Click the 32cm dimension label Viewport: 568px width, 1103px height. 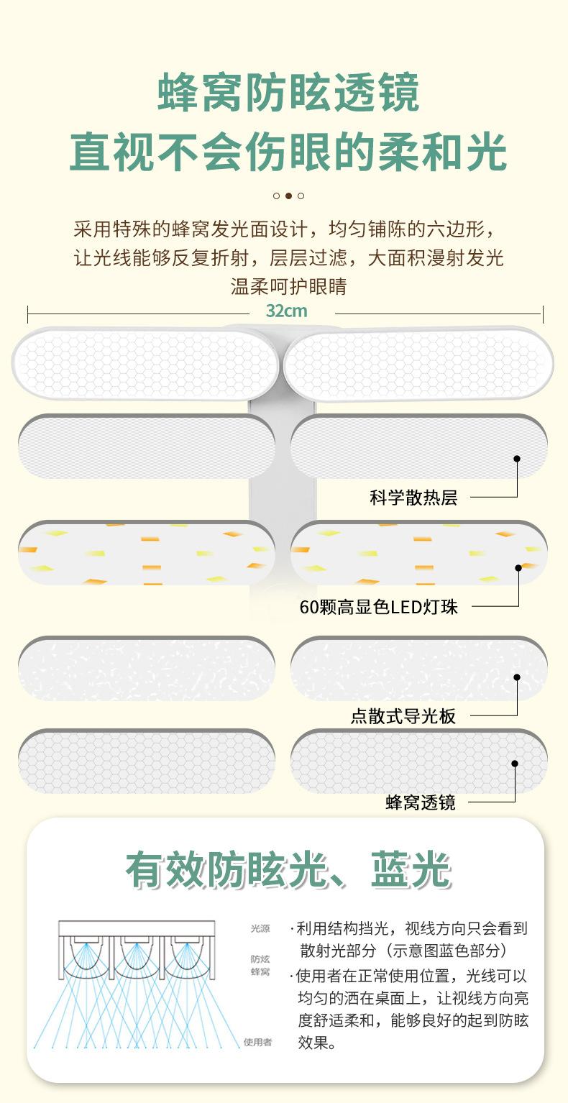pyautogui.click(x=286, y=311)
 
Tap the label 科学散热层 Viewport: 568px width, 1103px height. pyautogui.click(x=413, y=498)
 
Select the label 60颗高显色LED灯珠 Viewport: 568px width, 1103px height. pyautogui.click(x=378, y=608)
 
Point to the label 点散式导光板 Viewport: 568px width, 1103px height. pyautogui.click(x=403, y=717)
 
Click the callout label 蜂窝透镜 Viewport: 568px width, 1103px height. pyautogui.click(x=421, y=802)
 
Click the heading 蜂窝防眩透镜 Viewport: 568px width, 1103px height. pyautogui.click(x=288, y=92)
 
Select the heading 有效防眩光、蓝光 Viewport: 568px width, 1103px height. pyautogui.click(x=288, y=870)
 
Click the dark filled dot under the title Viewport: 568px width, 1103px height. pyautogui.click(x=288, y=196)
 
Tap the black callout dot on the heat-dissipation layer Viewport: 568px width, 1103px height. pyautogui.click(x=516, y=458)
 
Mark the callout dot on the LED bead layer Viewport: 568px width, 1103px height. pyautogui.click(x=518, y=567)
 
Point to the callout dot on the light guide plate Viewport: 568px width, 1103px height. pyautogui.click(x=516, y=677)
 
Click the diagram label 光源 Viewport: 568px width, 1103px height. pyautogui.click(x=260, y=928)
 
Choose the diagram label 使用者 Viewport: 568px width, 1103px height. pyautogui.click(x=257, y=1042)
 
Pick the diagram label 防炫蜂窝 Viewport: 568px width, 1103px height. pyautogui.click(x=260, y=965)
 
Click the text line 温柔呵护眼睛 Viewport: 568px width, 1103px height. pyautogui.click(x=288, y=286)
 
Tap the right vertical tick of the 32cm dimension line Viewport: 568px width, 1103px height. pyautogui.click(x=543, y=313)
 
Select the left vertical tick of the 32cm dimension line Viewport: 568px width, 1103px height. pyautogui.click(x=27, y=313)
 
